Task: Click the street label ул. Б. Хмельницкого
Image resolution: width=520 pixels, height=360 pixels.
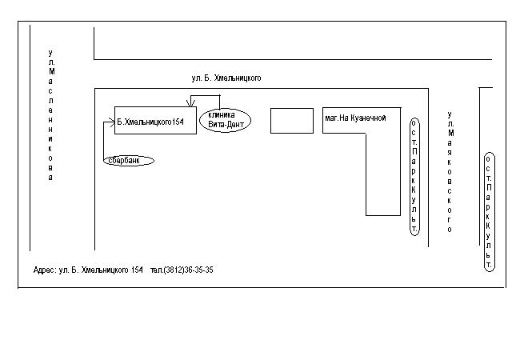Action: (226, 78)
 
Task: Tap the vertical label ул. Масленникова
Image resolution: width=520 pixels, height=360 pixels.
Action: (50, 115)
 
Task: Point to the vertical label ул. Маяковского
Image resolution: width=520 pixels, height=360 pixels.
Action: (450, 172)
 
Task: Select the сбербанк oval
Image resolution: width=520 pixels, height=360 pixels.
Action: (129, 161)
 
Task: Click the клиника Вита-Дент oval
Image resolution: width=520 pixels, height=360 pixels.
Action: (225, 120)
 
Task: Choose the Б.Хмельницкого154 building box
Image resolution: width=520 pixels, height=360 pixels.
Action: (155, 120)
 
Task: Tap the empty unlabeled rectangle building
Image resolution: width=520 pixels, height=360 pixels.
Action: (292, 121)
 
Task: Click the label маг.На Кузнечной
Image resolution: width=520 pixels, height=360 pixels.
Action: (355, 118)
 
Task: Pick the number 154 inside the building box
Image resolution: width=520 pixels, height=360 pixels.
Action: (178, 122)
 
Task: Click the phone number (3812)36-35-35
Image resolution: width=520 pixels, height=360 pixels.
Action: (188, 270)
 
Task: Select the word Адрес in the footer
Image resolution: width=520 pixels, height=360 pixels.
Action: (45, 270)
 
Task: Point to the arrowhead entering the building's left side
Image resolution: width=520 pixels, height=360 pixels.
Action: (112, 122)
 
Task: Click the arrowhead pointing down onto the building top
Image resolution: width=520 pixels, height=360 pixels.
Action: (190, 103)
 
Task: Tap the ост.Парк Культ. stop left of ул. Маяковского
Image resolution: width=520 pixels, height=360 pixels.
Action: (414, 177)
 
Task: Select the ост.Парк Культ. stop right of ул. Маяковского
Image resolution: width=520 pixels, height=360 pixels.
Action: (489, 212)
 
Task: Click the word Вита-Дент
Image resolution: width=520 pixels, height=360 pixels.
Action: (226, 125)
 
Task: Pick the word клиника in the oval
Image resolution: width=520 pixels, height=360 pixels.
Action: (221, 115)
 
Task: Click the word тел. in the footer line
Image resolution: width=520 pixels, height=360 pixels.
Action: (157, 270)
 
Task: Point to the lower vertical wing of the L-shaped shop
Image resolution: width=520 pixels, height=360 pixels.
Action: (383, 174)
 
